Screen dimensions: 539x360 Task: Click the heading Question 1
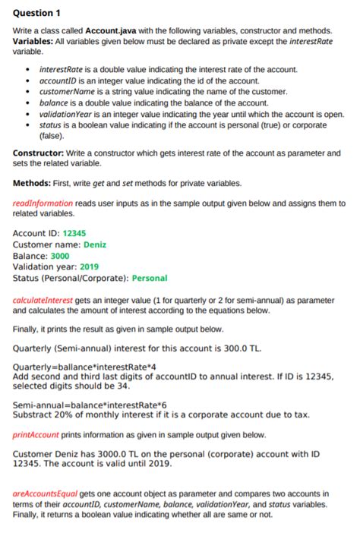(x=37, y=14)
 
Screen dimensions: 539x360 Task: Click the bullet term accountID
(x=58, y=80)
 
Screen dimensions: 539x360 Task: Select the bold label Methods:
(x=34, y=183)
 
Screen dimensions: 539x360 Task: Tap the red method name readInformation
(x=43, y=203)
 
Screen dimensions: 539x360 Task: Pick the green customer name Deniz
(x=95, y=244)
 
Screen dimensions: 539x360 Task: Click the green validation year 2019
(x=90, y=266)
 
